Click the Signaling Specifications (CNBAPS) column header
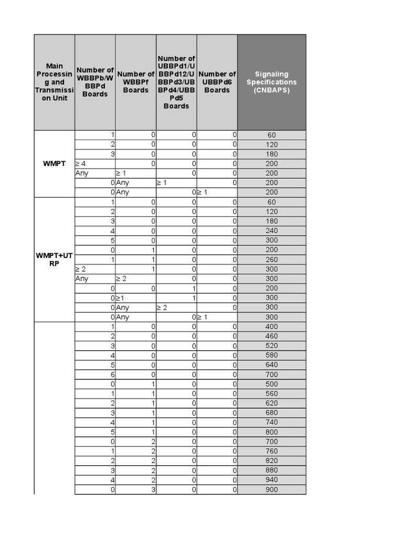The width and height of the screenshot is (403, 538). (x=271, y=82)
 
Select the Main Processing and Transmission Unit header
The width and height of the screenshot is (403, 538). (x=55, y=82)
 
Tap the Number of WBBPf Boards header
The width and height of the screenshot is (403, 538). (x=135, y=82)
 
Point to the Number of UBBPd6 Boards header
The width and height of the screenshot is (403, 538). (x=217, y=82)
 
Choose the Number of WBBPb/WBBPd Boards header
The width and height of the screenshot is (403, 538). (x=95, y=82)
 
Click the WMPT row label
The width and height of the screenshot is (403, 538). (x=55, y=164)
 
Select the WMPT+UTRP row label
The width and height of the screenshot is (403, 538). (x=55, y=260)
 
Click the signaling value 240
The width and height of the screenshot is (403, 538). (x=271, y=231)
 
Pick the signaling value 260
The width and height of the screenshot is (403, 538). (x=271, y=260)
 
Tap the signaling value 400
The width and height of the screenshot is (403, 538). (x=271, y=327)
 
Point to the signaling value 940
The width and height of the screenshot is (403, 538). (x=271, y=480)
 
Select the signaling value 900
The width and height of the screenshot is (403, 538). (x=271, y=490)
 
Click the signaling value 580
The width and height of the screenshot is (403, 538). (x=271, y=356)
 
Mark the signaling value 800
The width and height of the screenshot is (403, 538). (x=271, y=432)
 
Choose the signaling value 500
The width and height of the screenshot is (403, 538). (x=271, y=385)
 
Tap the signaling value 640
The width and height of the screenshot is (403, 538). (x=271, y=365)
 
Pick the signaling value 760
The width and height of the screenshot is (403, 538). (x=271, y=451)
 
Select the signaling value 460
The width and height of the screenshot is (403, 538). (x=271, y=336)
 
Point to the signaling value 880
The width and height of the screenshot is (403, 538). (x=271, y=471)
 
